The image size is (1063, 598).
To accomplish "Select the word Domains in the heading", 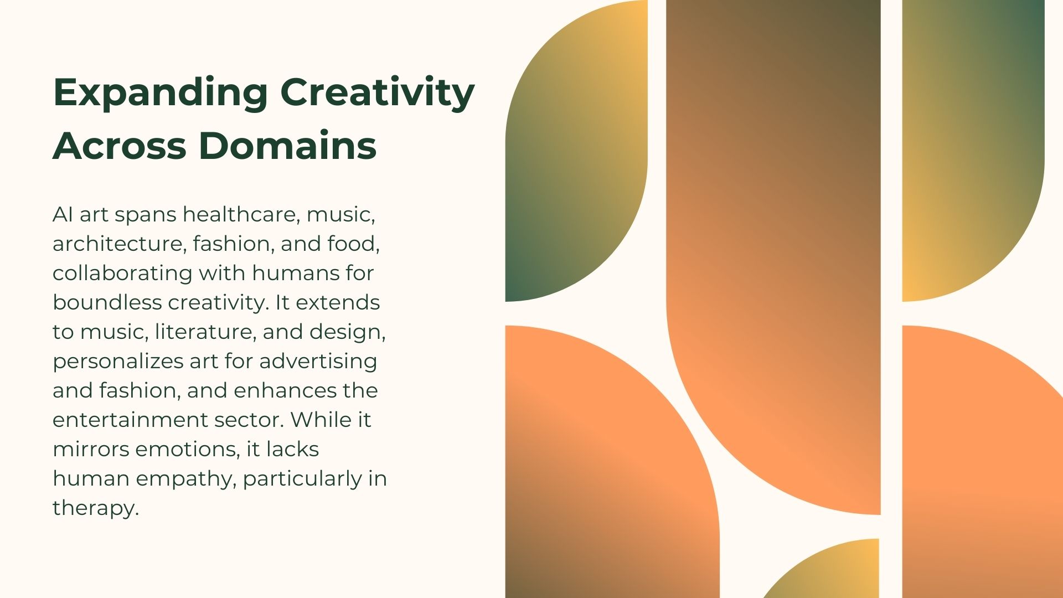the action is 287,146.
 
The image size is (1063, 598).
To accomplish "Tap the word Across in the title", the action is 119,146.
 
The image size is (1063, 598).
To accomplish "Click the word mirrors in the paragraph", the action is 91,450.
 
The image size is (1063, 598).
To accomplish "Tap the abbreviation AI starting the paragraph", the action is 63,214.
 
